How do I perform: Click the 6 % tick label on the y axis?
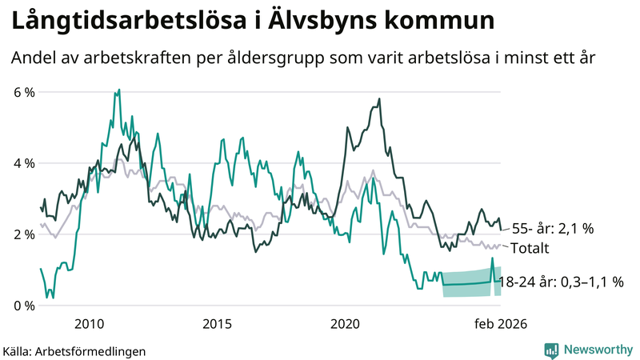(x=24, y=92)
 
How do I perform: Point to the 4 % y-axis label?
(x=24, y=163)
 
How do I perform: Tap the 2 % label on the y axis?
(x=24, y=234)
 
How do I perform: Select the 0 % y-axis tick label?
(x=24, y=306)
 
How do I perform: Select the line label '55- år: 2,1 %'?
(x=553, y=229)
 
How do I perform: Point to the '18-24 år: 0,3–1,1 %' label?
(x=561, y=282)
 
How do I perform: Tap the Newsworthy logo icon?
(x=551, y=350)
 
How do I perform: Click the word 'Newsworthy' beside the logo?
(x=598, y=350)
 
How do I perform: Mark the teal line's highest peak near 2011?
(x=118, y=90)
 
